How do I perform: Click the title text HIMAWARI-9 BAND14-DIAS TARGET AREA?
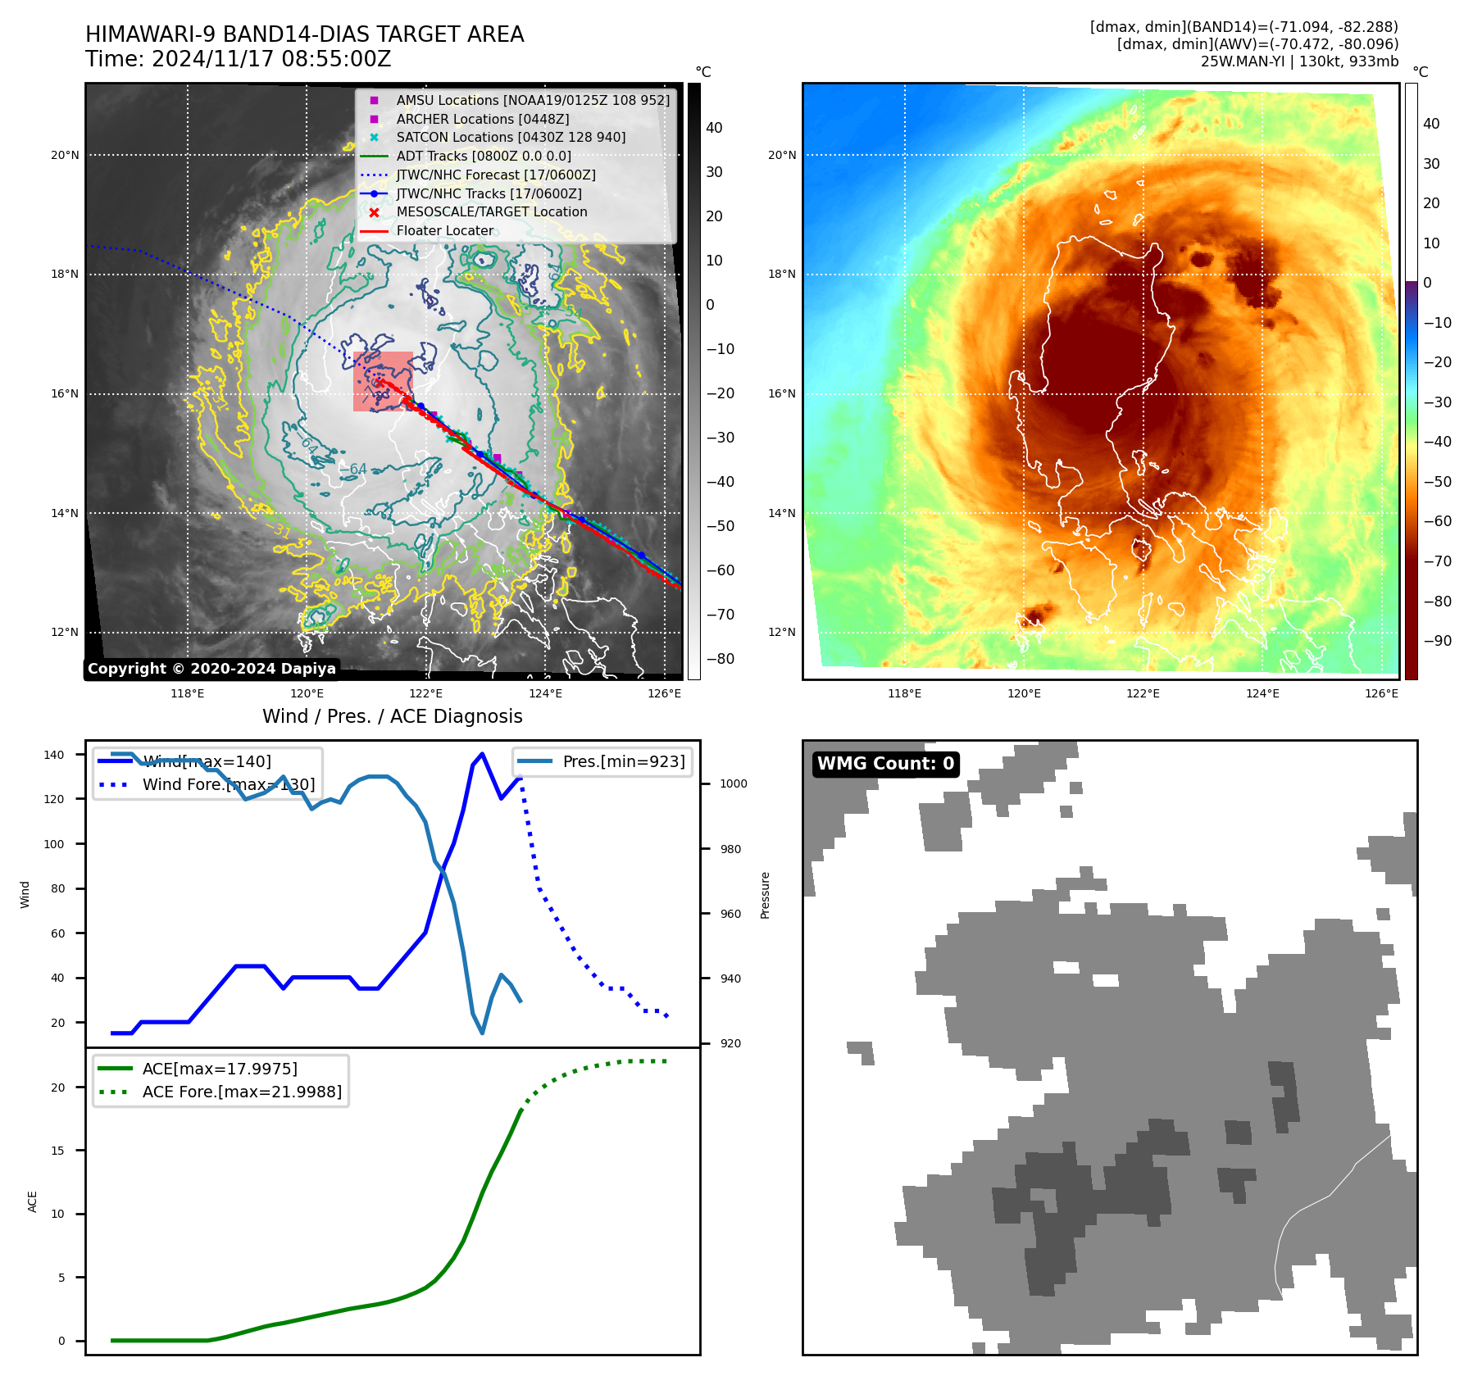coord(304,34)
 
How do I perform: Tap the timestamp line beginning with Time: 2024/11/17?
coord(238,59)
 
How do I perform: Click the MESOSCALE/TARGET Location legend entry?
coord(491,211)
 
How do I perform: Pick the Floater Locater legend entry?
coord(444,230)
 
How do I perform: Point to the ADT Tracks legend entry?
coord(483,156)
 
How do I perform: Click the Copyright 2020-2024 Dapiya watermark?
coord(211,669)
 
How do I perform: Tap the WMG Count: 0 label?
coord(885,764)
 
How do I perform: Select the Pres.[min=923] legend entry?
coord(623,761)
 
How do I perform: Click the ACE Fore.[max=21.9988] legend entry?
coord(241,1092)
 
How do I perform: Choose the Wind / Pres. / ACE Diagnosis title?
coord(392,716)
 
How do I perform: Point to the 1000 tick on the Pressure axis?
coord(733,784)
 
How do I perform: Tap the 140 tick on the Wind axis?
coord(54,755)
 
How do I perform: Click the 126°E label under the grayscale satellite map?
coord(664,693)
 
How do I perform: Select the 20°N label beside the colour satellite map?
coord(781,155)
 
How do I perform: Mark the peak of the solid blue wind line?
coord(482,754)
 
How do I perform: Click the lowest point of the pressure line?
coord(482,1033)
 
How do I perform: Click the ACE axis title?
coord(33,1201)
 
